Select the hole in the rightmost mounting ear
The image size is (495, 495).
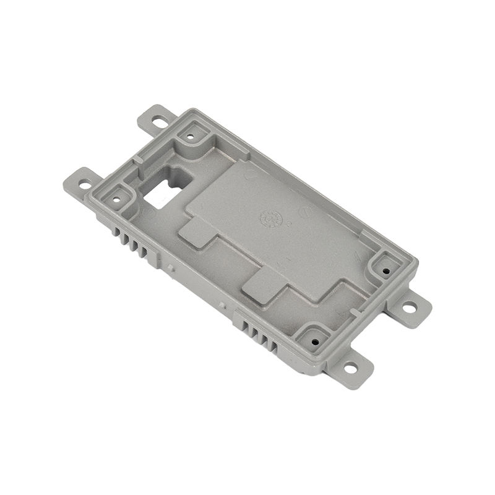pyautogui.click(x=409, y=305)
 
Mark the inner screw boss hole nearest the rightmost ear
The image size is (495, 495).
pyautogui.click(x=385, y=270)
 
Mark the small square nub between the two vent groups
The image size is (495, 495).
pyautogui.click(x=170, y=267)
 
